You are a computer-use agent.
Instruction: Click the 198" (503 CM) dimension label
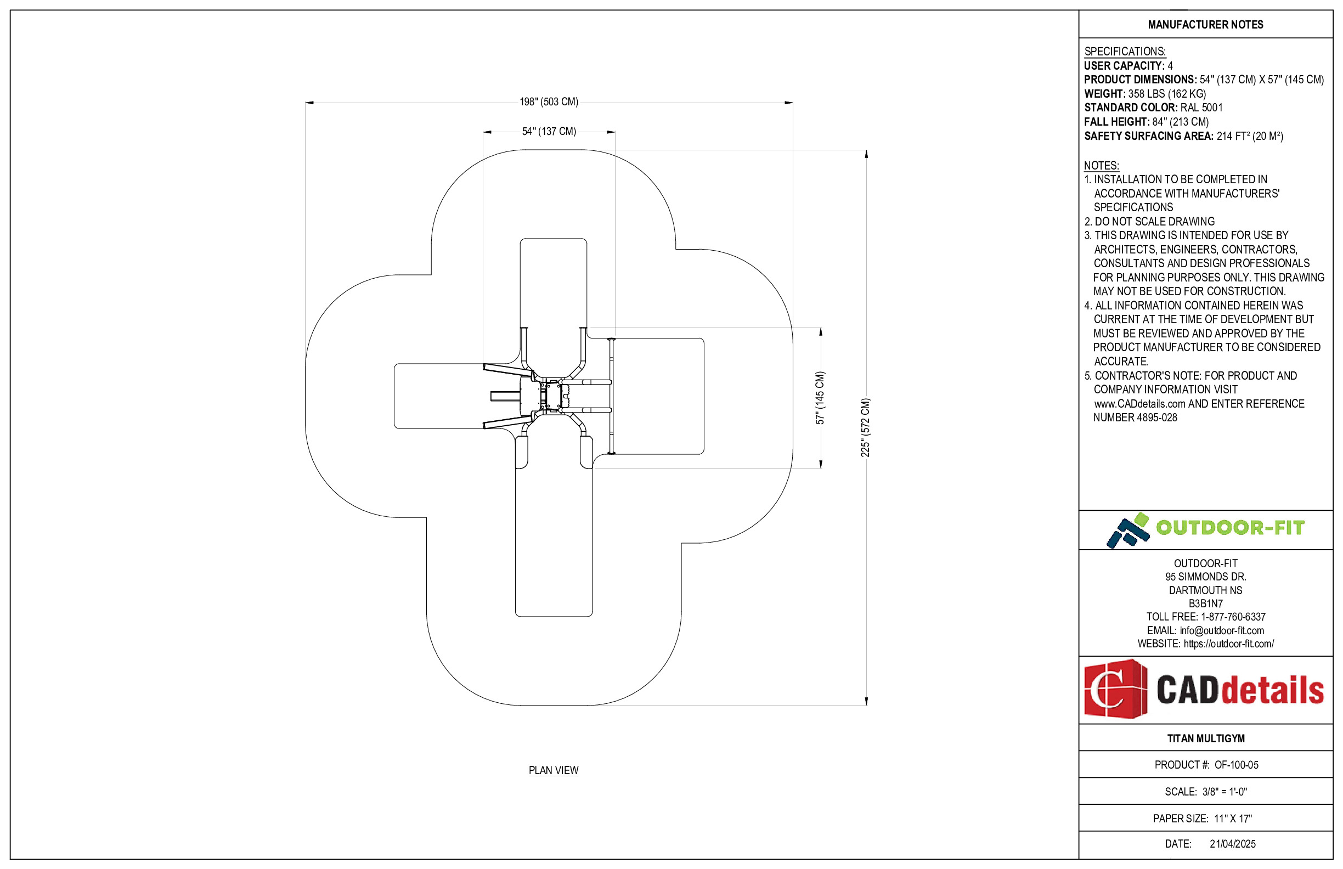point(549,102)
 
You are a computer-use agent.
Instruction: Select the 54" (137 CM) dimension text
point(549,132)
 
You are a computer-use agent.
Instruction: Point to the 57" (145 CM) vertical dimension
point(820,398)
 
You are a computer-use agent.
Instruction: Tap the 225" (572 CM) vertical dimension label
point(866,427)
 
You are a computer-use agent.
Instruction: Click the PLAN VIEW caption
point(553,770)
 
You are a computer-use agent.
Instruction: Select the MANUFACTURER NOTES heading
point(1205,25)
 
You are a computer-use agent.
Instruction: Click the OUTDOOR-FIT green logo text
point(1229,528)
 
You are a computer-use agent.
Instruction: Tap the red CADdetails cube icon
point(1115,689)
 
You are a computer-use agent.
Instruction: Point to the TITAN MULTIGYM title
point(1205,738)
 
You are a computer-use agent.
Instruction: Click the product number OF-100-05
point(1236,765)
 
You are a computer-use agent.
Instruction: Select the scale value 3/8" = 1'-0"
point(1224,792)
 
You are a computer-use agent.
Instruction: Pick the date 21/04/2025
point(1232,844)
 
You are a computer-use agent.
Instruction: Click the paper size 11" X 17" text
point(1232,818)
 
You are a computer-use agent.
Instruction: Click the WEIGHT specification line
point(1144,94)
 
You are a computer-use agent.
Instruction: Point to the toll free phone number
point(1232,617)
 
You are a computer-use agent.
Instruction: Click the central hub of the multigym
point(551,396)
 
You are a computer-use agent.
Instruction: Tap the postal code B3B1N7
point(1205,603)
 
